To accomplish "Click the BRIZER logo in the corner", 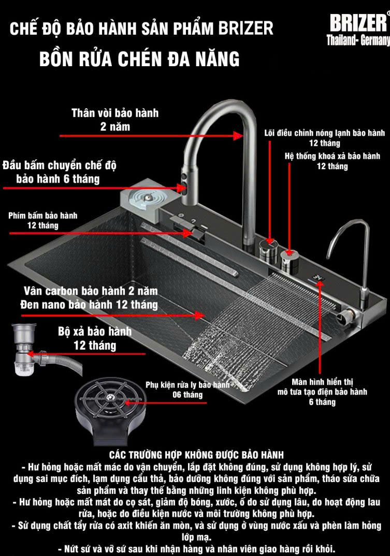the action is click(358, 23).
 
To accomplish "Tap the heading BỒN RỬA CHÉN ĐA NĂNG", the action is click(139, 58).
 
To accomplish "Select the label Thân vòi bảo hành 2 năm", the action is click(115, 119).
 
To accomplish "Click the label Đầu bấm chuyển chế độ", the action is click(60, 165).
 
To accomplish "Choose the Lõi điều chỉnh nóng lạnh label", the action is click(325, 133).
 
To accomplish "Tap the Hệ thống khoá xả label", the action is click(333, 156).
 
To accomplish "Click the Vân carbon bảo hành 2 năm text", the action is click(91, 291).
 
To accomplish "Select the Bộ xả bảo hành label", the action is click(95, 332).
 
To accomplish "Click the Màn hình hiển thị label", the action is click(322, 382).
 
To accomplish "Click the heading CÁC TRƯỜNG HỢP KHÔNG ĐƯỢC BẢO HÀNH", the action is click(196, 455).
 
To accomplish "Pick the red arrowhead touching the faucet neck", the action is click(238, 136).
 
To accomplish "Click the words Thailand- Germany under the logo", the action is click(358, 40).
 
